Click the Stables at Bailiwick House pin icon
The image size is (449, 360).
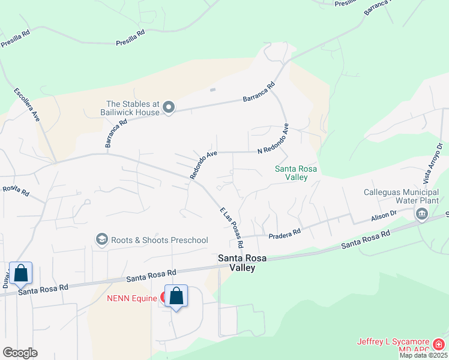tap(169, 108)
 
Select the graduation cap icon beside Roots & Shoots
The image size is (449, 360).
tap(101, 240)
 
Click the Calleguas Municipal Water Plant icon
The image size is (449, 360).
tap(421, 213)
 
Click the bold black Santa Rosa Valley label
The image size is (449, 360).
tap(245, 263)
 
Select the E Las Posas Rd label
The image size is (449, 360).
tap(231, 228)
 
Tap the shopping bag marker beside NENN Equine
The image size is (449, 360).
tap(176, 296)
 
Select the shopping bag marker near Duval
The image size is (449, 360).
tap(20, 274)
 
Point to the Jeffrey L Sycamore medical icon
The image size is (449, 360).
tap(439, 344)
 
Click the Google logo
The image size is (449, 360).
tap(20, 352)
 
